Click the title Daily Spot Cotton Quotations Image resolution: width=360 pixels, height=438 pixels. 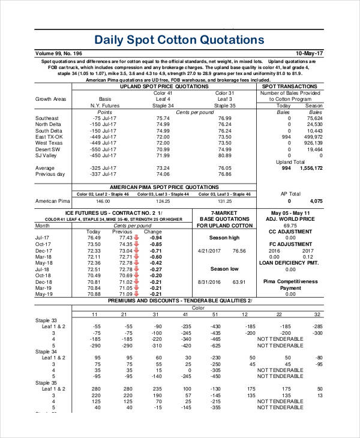(179, 40)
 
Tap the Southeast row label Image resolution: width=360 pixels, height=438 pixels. (47, 118)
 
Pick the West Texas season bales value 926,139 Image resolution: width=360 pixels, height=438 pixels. (313, 143)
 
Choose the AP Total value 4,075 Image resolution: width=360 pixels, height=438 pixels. (316, 201)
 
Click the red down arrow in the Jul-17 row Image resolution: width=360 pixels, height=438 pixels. (136, 238)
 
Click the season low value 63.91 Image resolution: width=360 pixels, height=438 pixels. (239, 281)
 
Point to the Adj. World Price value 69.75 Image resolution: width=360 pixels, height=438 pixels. (290, 225)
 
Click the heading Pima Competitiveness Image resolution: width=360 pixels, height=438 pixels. (290, 281)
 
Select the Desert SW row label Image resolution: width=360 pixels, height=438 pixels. (48, 149)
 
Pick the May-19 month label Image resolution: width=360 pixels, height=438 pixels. (44, 294)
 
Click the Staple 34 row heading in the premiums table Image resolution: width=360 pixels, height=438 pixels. (46, 351)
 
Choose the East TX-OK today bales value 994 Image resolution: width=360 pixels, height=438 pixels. (286, 137)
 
